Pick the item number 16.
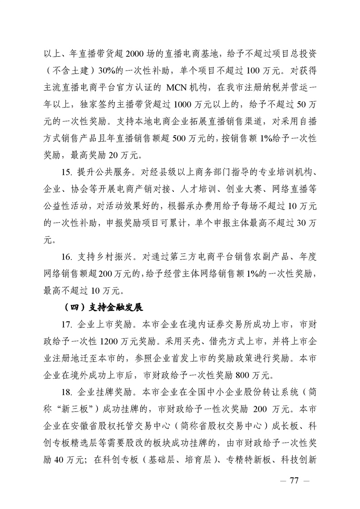(68, 257)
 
